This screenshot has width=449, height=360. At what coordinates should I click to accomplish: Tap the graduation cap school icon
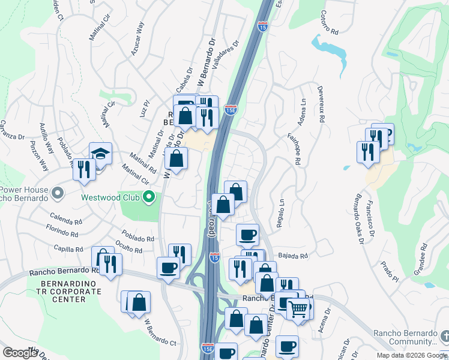(x=100, y=154)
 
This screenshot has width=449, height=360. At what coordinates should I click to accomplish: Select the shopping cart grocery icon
(x=298, y=310)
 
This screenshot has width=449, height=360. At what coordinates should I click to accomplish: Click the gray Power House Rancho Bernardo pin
(x=58, y=193)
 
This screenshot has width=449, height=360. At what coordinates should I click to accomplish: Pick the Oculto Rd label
(x=129, y=247)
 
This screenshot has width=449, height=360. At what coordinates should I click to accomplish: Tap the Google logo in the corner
(x=20, y=353)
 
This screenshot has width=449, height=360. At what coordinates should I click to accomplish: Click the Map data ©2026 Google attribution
(x=411, y=355)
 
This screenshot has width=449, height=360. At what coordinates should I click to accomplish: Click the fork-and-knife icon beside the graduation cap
(x=84, y=169)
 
